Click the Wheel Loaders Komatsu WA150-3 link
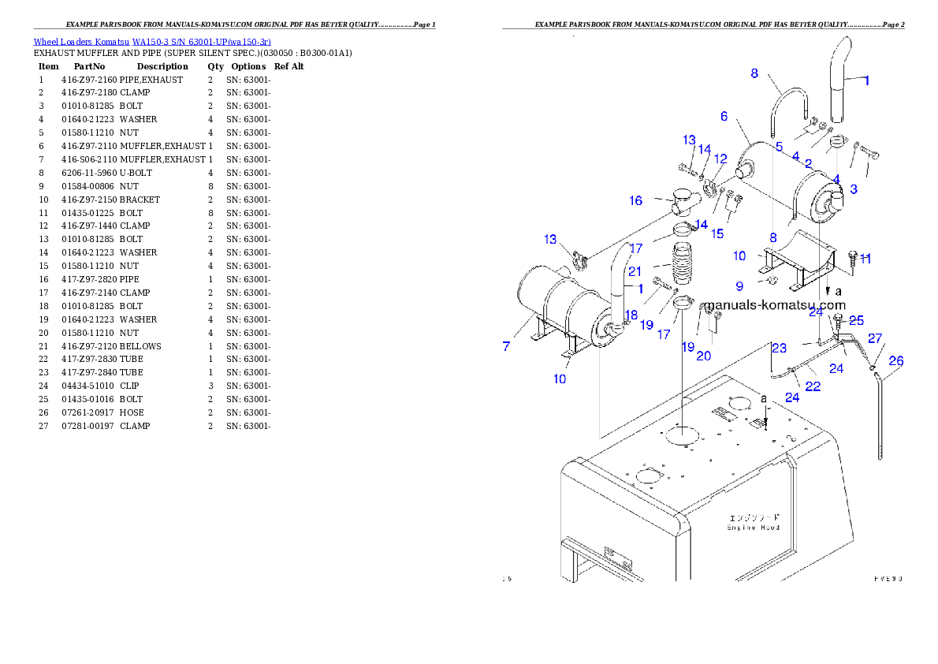point(151,42)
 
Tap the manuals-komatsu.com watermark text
point(774,305)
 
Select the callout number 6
point(724,116)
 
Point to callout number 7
point(507,345)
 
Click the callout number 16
point(635,200)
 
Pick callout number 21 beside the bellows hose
point(635,271)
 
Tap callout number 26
point(895,361)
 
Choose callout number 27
point(874,338)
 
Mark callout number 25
point(856,320)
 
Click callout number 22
point(813,386)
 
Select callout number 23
point(779,348)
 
